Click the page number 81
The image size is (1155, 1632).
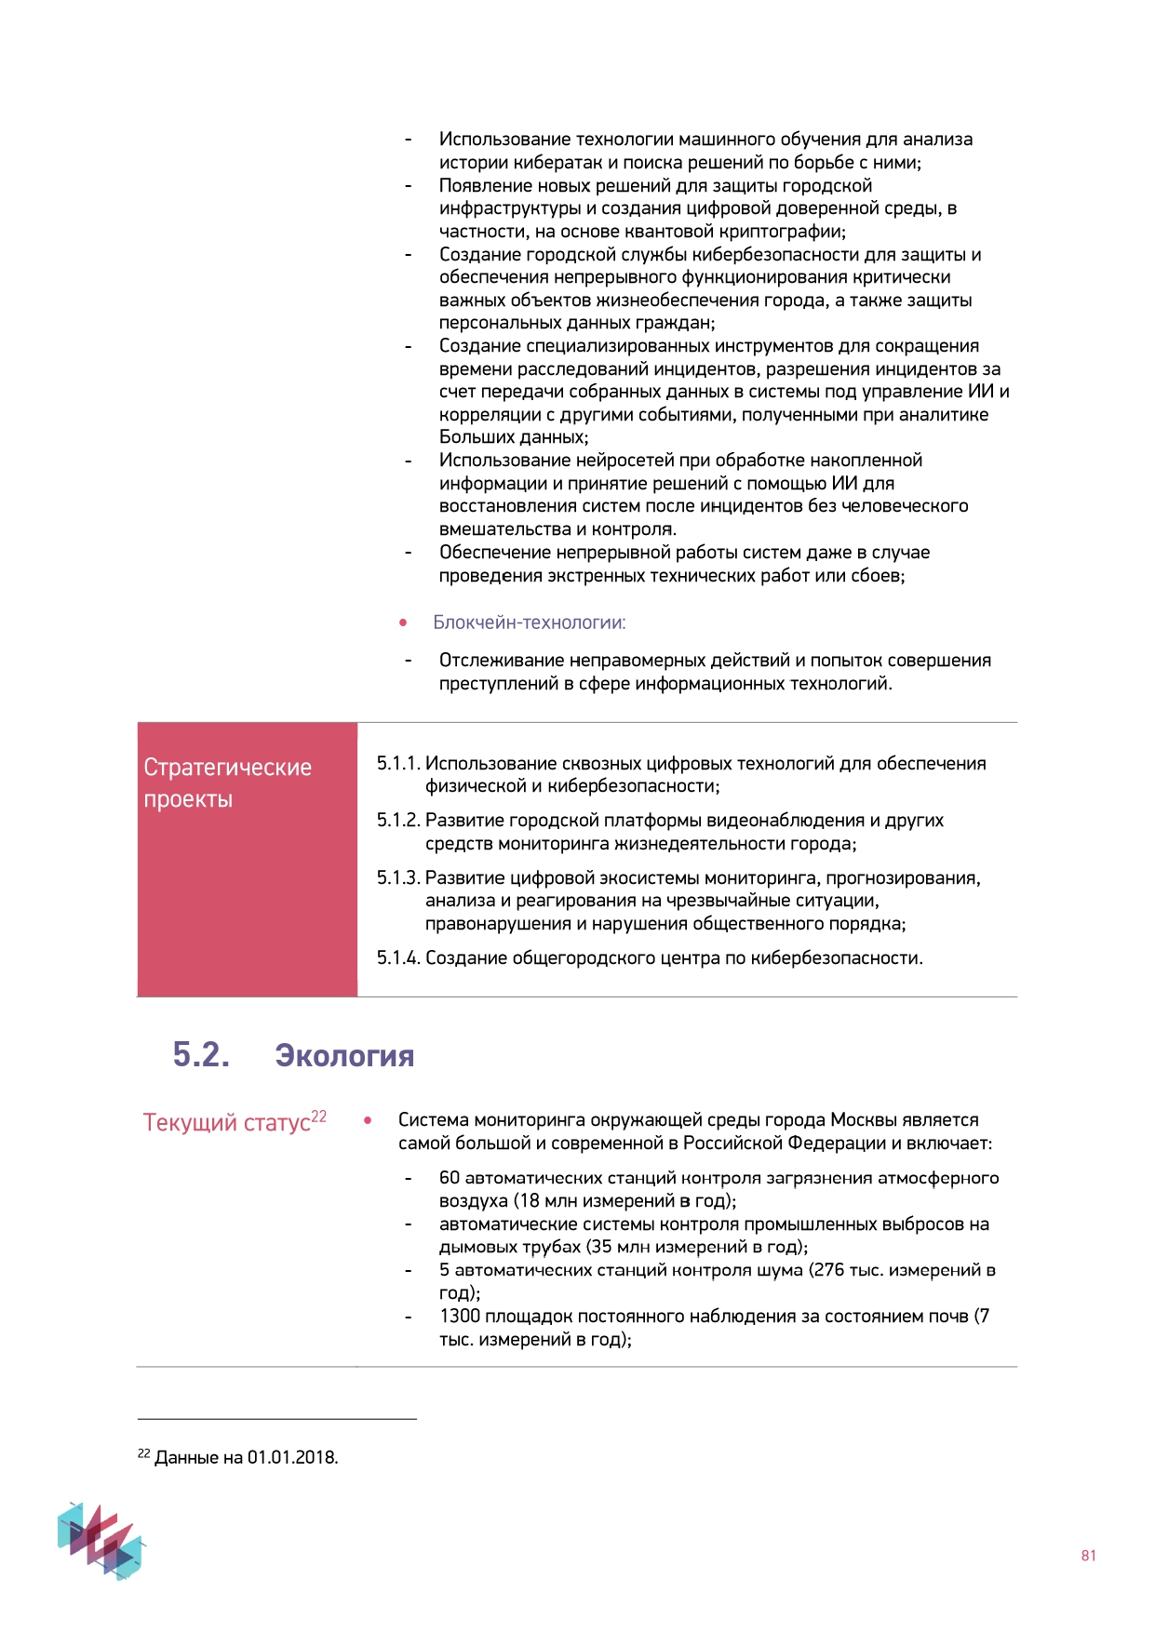click(x=1088, y=1556)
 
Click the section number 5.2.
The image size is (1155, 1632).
click(x=201, y=1055)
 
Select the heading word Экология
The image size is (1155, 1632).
click(x=344, y=1056)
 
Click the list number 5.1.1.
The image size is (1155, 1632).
click(x=398, y=764)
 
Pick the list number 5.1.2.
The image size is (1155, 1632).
click(x=398, y=821)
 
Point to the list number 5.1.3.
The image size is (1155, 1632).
click(x=398, y=878)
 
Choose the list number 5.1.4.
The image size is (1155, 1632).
click(x=398, y=958)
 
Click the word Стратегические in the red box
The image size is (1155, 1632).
click(x=227, y=768)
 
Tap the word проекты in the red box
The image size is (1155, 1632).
click(x=188, y=799)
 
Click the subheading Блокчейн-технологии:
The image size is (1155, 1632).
click(x=529, y=622)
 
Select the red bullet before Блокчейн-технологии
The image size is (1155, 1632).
click(x=403, y=622)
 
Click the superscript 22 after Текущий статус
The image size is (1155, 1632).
click(x=318, y=1117)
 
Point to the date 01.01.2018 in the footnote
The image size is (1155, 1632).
click(x=291, y=1457)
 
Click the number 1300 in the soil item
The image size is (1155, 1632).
click(x=460, y=1317)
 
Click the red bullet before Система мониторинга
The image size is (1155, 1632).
click(x=369, y=1120)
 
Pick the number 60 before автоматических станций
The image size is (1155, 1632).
click(x=450, y=1178)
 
